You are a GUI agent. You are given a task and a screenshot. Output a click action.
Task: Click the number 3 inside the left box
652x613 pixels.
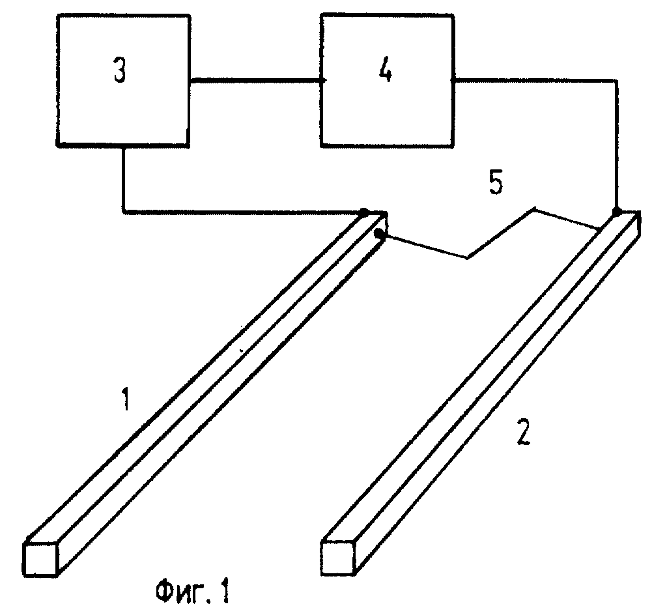coord(119,72)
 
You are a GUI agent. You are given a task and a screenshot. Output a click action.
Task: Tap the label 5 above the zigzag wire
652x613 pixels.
coord(496,184)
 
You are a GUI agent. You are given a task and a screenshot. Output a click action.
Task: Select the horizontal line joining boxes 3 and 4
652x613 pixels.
coord(254,80)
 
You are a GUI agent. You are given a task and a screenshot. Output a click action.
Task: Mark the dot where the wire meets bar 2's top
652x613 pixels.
coord(616,212)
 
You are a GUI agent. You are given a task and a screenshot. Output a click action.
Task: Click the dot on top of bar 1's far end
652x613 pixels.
coord(365,212)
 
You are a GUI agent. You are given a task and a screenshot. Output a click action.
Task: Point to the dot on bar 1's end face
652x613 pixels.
coord(378,233)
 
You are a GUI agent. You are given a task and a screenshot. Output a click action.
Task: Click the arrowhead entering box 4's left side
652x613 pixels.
coord(322,80)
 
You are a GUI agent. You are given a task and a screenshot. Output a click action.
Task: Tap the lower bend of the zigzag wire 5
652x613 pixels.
coord(468,258)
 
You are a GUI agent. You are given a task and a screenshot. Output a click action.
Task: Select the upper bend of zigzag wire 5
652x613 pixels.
coord(534,210)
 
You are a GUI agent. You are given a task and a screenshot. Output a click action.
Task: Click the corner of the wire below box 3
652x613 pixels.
coord(123,211)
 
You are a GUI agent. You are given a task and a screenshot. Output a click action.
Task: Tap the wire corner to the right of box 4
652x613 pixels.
coord(616,80)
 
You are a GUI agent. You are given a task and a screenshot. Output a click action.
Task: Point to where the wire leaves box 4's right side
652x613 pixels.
coord(453,80)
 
